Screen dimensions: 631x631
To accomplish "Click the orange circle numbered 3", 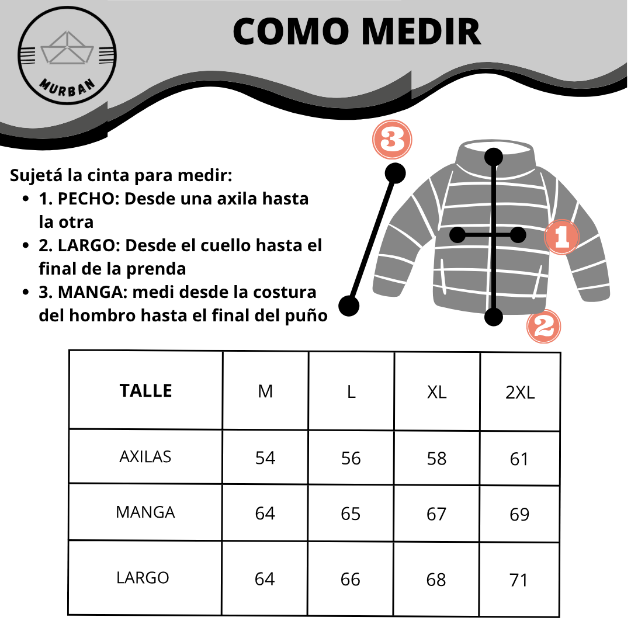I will tap(393, 140).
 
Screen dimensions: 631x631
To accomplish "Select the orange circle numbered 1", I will tap(561, 237).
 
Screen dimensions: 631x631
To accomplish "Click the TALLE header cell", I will tap(145, 390).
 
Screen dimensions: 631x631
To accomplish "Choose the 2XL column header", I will tap(519, 393).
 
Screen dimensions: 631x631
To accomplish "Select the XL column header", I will tap(436, 392).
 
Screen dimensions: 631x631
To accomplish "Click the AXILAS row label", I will tap(145, 456).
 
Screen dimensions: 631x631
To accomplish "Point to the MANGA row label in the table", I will tap(145, 512).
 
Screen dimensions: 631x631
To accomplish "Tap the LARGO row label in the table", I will tap(143, 578).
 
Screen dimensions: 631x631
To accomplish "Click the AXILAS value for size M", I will tap(265, 458).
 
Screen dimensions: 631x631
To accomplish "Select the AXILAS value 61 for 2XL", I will tap(519, 459).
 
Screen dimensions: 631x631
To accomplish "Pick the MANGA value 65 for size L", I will tap(351, 514).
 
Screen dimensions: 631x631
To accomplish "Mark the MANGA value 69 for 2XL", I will tap(519, 515).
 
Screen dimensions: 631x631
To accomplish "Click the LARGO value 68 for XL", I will tap(436, 580).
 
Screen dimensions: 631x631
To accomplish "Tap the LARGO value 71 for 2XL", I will tap(519, 580).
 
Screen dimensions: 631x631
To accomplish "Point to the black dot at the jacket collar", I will tap(494, 157).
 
